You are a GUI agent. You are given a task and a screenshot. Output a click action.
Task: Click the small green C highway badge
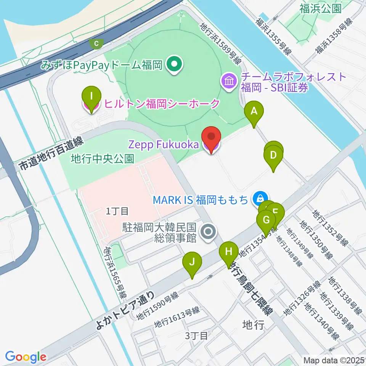[x=96, y=44]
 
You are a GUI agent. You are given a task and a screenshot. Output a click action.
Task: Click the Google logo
[x=26, y=357]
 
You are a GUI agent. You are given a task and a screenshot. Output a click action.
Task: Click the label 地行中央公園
[x=103, y=159]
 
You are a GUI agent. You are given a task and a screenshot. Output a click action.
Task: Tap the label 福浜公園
[x=320, y=9]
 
